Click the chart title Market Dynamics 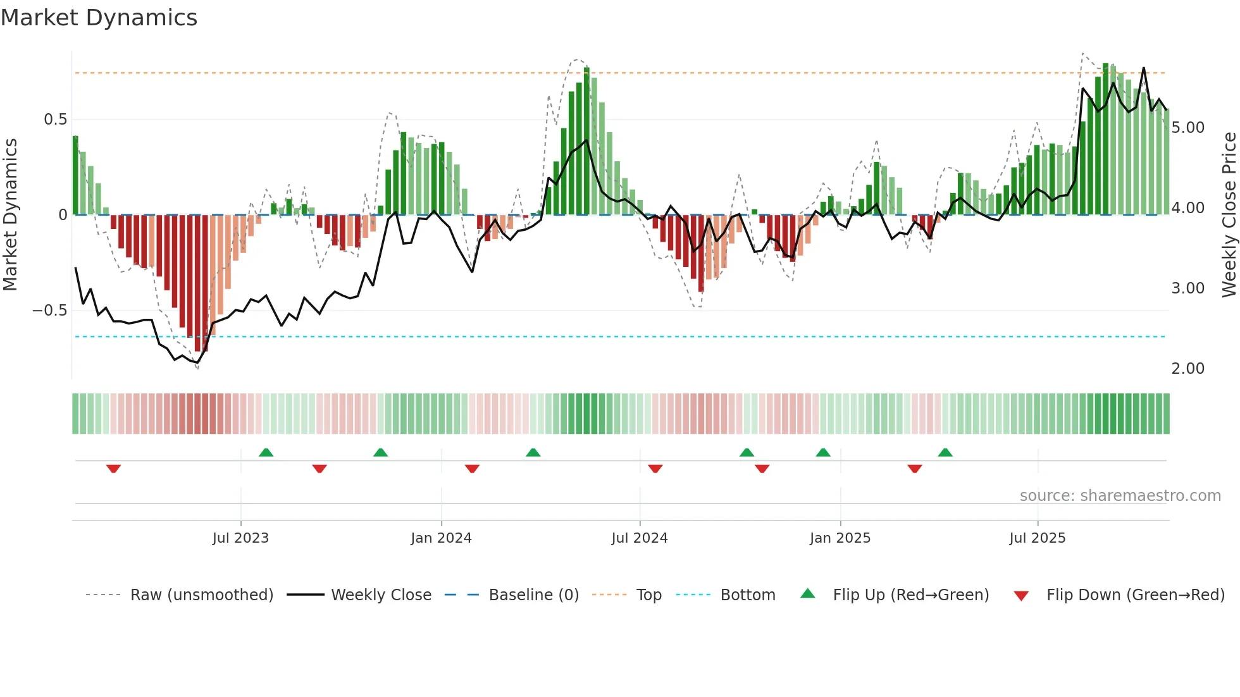[99, 18]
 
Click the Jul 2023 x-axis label [240, 538]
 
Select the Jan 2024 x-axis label [441, 538]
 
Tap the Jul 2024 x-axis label [640, 538]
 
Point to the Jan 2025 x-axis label [840, 538]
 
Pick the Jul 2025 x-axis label [1038, 538]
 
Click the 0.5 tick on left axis [55, 120]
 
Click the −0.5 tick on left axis [50, 311]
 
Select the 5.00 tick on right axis [1188, 128]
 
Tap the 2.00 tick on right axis [1188, 369]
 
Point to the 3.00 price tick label [1188, 288]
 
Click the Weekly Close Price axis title [1229, 215]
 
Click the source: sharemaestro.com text [1120, 496]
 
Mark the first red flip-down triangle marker [113, 469]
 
